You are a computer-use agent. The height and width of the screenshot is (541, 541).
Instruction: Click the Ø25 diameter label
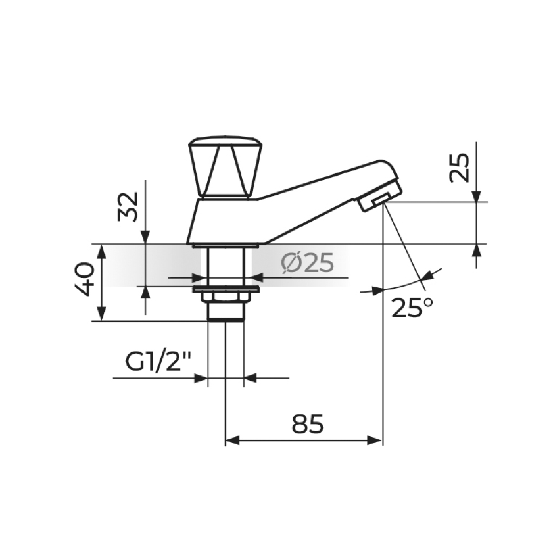[x=307, y=263]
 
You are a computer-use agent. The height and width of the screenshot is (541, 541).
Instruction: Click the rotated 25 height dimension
[x=459, y=168]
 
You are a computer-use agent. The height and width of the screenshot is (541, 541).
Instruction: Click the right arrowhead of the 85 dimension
[x=377, y=440]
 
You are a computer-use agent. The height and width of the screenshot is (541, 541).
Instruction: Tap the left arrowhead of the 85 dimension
[x=231, y=440]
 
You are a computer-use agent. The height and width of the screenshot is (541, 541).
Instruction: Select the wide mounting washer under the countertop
[x=226, y=289]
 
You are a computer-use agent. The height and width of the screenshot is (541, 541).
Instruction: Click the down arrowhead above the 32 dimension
[x=145, y=238]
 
